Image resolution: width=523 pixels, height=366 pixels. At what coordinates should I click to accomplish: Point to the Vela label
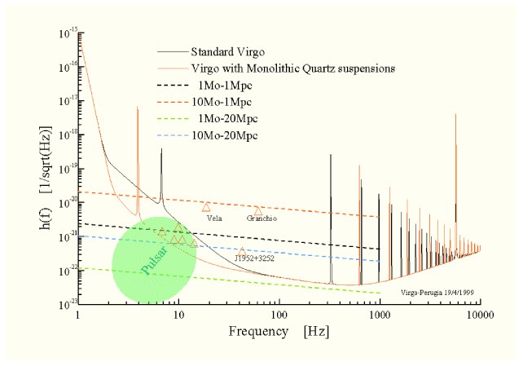215,218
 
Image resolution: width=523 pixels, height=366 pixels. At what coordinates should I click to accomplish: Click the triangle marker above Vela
207,207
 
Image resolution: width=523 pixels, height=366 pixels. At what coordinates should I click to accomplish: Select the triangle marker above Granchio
258,211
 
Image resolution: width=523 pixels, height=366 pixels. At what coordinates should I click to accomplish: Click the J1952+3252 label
253,258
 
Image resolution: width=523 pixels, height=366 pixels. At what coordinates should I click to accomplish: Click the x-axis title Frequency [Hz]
279,333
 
